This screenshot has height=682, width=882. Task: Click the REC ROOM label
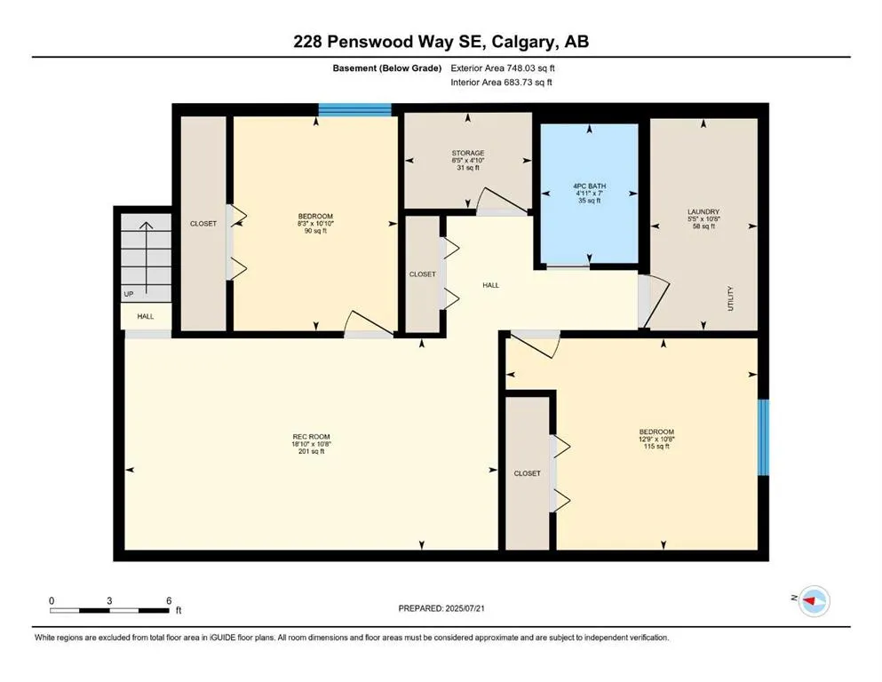click(311, 436)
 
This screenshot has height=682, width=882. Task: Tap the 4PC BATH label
click(590, 186)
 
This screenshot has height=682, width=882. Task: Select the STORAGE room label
click(468, 153)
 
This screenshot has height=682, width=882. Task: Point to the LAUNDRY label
click(703, 212)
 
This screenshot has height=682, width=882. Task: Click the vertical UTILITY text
click(731, 298)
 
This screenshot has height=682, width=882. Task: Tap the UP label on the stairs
click(129, 294)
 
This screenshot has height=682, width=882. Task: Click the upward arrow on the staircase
click(147, 258)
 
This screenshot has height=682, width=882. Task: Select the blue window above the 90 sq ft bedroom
click(355, 109)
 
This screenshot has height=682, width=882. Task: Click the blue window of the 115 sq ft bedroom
click(763, 438)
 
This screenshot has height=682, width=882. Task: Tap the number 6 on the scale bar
click(169, 600)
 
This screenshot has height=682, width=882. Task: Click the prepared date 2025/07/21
click(465, 608)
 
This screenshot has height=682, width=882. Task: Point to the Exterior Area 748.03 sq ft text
click(503, 68)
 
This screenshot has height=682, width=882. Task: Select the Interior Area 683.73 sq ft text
click(501, 82)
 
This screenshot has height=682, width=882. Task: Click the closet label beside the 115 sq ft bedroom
click(527, 473)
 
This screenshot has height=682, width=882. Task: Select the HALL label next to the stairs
click(146, 316)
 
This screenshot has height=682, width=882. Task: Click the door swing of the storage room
click(503, 201)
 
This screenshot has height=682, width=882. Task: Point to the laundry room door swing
click(655, 301)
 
